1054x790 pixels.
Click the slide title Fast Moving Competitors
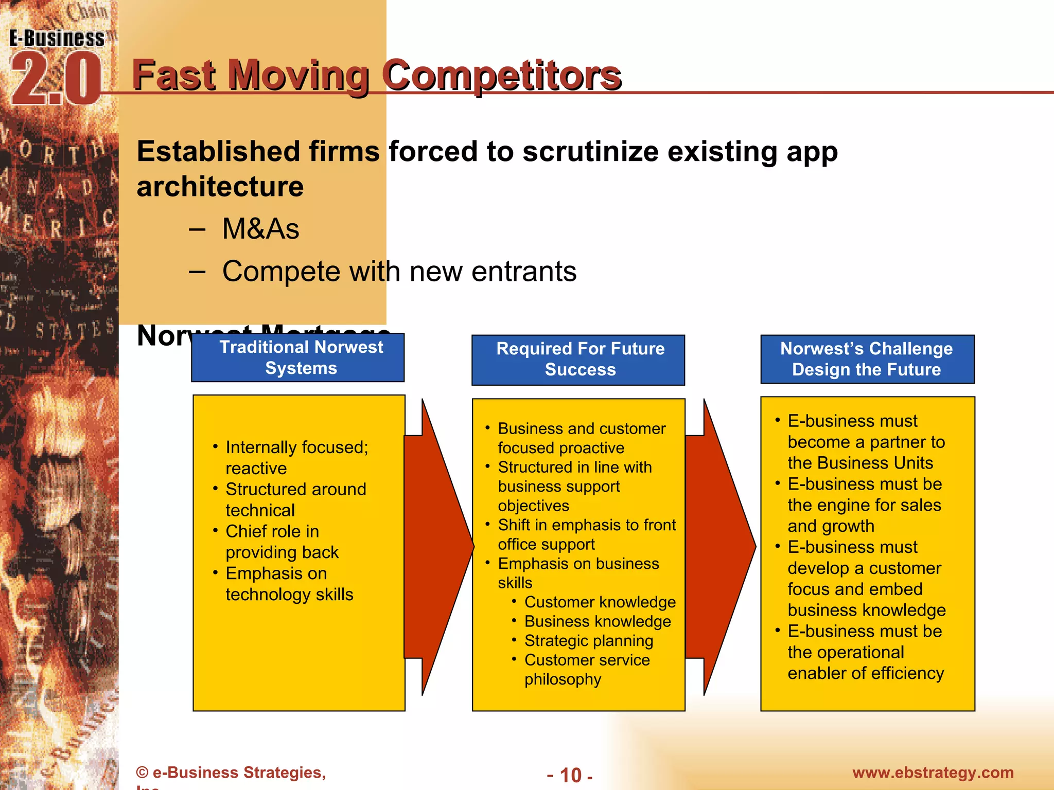tap(376, 76)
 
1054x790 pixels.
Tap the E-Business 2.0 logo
tap(56, 67)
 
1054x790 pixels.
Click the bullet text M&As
tap(260, 229)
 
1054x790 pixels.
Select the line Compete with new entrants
tap(399, 271)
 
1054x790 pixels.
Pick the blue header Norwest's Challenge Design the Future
tap(867, 359)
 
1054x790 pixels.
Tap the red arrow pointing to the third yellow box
tap(721, 547)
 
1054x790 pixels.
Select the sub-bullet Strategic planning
tap(588, 641)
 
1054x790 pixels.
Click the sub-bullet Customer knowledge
tap(600, 602)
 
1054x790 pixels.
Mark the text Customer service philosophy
tap(587, 669)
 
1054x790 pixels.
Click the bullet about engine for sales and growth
tap(864, 505)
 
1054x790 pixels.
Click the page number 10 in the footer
tap(570, 775)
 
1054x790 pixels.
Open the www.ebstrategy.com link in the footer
tap(933, 773)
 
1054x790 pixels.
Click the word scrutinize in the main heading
tap(590, 152)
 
